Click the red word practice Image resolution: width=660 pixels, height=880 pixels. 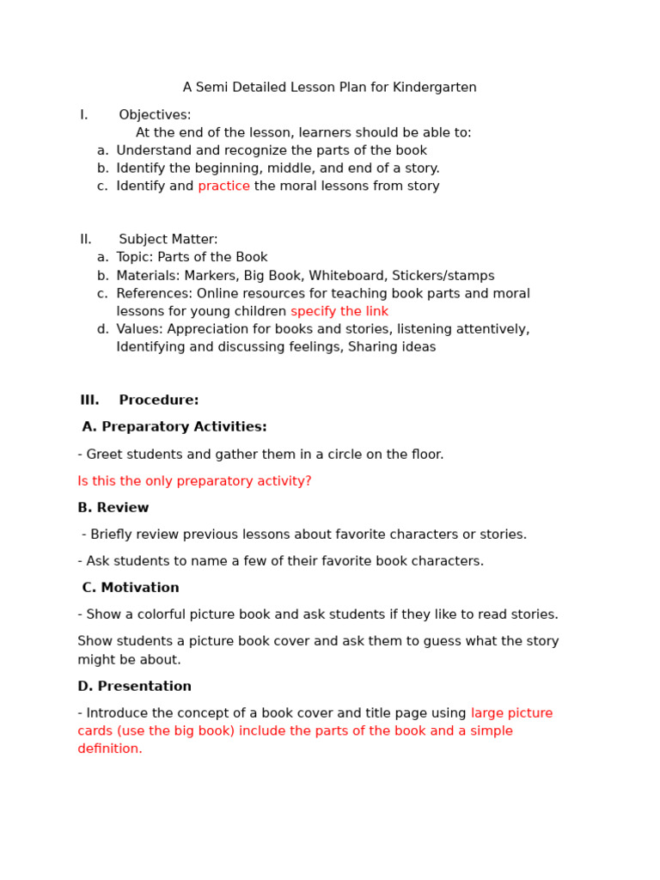pyautogui.click(x=223, y=186)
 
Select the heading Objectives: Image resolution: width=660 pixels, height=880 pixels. pyautogui.click(x=155, y=115)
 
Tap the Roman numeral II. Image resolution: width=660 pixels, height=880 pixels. pyautogui.click(x=86, y=240)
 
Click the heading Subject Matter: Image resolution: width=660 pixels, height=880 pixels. pyautogui.click(x=168, y=240)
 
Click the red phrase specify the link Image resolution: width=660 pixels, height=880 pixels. pyautogui.click(x=339, y=312)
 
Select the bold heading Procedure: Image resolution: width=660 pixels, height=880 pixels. pyautogui.click(x=159, y=400)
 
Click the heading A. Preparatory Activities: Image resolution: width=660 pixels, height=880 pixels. pyautogui.click(x=174, y=427)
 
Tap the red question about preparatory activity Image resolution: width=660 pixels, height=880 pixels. pyautogui.click(x=194, y=481)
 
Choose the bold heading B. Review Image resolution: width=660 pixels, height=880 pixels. pyautogui.click(x=113, y=508)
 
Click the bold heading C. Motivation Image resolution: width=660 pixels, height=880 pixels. pyautogui.click(x=131, y=588)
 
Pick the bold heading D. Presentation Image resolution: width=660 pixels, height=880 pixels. pyautogui.click(x=135, y=687)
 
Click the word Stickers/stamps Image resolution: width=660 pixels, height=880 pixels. pyautogui.click(x=453, y=276)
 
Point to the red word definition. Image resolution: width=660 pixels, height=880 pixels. pyautogui.click(x=109, y=749)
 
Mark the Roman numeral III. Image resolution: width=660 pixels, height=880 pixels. pyautogui.click(x=89, y=400)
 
